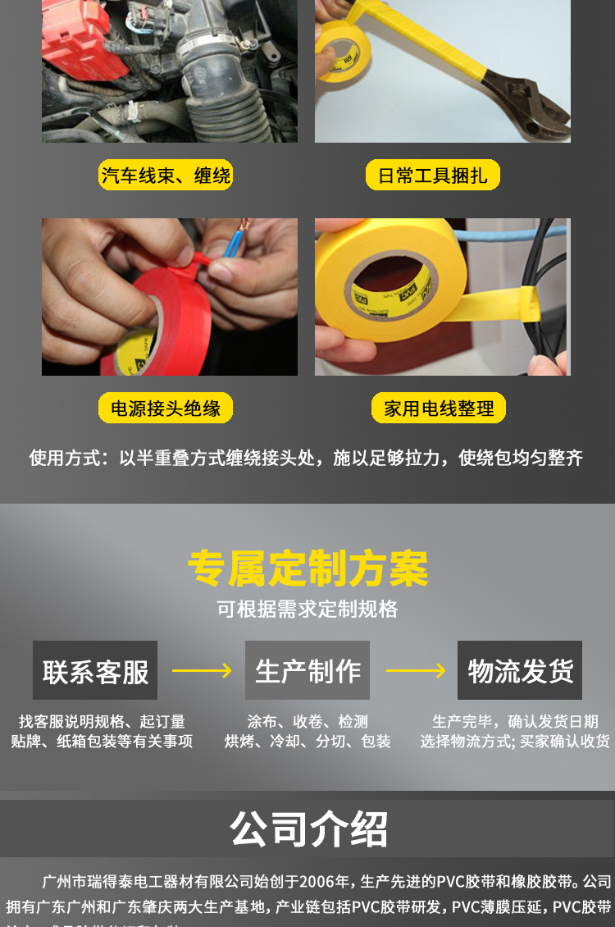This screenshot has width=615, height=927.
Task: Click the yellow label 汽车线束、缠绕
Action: pos(166,175)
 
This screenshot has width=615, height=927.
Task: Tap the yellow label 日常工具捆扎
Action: pos(432,175)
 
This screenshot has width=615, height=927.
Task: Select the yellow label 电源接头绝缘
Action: pos(166,408)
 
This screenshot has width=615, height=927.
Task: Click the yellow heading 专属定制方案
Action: pos(307,568)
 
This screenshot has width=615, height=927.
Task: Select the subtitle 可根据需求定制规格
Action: pos(307,609)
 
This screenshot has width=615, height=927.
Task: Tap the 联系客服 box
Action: pos(95,670)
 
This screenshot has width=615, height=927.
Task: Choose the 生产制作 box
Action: pos(307,670)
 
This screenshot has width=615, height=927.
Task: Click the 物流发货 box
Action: pos(520,670)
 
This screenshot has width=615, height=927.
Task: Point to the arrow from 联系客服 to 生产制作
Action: pos(202,671)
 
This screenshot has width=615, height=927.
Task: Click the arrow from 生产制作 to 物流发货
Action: pos(415,671)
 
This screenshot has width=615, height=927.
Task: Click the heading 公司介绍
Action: pos(307,829)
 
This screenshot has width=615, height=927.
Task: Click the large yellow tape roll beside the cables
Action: pos(385,279)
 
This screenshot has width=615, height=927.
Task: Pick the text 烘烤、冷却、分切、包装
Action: pos(307,742)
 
